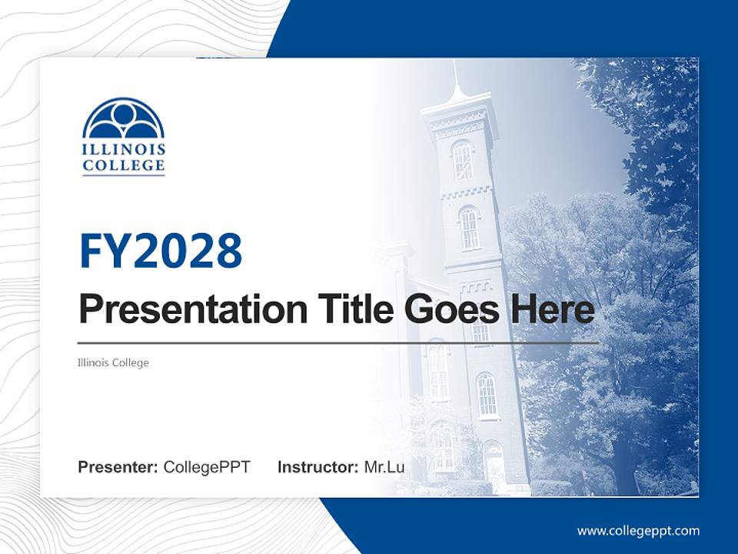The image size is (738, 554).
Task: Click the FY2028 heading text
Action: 161,251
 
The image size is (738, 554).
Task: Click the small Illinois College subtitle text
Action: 113,362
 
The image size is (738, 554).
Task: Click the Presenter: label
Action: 118,467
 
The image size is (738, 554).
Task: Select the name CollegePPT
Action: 207,467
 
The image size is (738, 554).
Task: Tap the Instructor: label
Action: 317,467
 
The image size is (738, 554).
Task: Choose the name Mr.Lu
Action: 384,467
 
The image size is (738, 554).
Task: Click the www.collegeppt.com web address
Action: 638,531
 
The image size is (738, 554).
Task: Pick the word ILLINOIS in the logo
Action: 123,149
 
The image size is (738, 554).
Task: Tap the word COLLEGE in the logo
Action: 123,165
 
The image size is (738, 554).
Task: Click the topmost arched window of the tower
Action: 462,160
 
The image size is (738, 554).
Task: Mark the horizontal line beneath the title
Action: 338,342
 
